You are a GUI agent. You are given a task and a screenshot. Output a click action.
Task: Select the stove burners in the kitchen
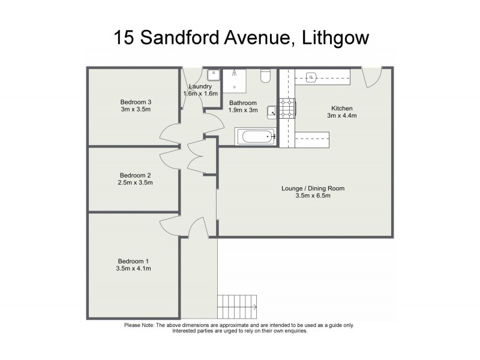pyautogui.click(x=287, y=107)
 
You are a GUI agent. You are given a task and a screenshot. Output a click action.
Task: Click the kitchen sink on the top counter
pyautogui.click(x=312, y=77)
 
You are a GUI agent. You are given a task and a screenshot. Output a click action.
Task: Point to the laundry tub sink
pyautogui.click(x=214, y=76)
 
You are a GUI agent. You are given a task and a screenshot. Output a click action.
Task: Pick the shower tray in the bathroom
pyautogui.click(x=238, y=81)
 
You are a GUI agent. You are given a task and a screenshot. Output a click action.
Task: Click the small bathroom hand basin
pyautogui.click(x=272, y=110)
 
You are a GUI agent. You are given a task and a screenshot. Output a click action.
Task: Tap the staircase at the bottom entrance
pyautogui.click(x=237, y=307)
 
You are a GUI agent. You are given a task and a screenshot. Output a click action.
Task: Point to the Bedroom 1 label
pyautogui.click(x=133, y=261)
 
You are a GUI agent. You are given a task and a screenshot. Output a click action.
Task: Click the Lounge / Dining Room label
pyautogui.click(x=313, y=188)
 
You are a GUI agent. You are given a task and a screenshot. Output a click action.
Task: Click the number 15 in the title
pyautogui.click(x=124, y=38)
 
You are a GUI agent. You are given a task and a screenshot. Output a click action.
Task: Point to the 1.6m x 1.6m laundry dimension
pyautogui.click(x=200, y=94)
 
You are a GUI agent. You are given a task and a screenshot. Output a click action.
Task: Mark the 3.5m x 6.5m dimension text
pyautogui.click(x=313, y=196)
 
